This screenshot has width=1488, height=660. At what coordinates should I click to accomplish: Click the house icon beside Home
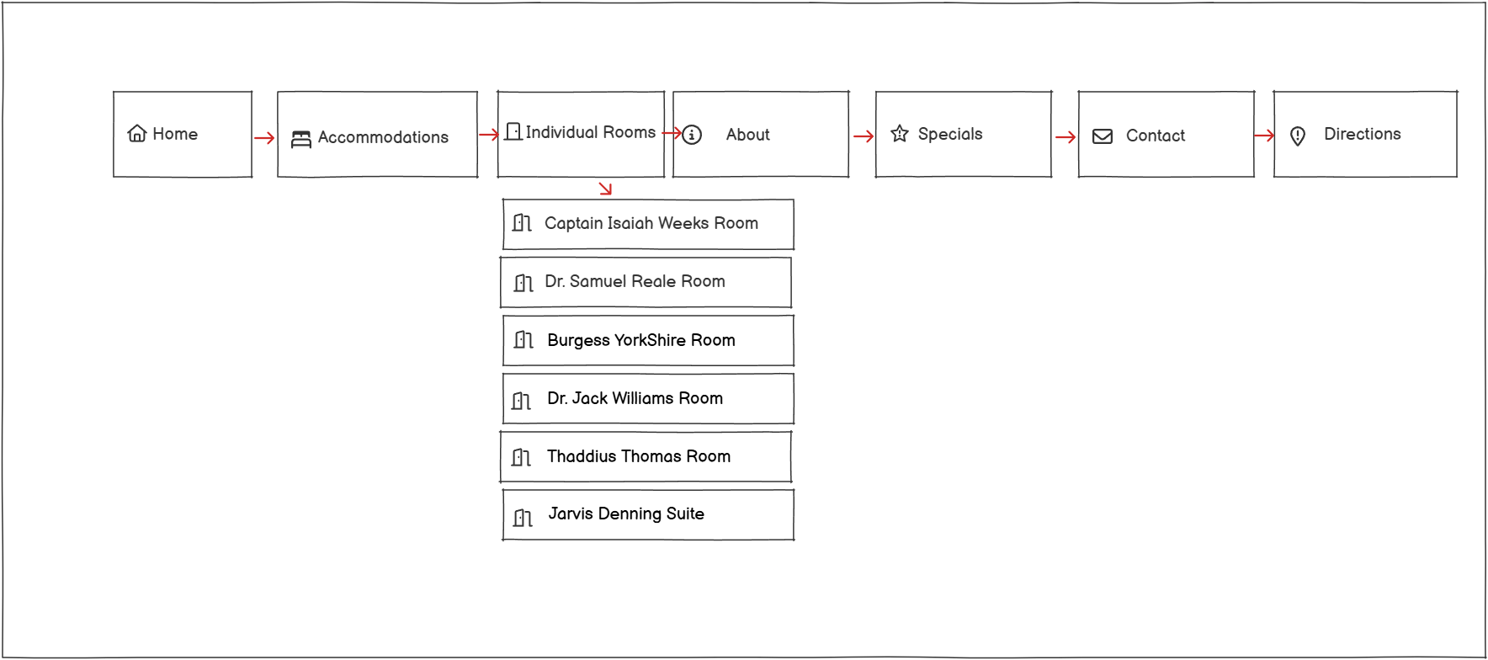[x=136, y=134]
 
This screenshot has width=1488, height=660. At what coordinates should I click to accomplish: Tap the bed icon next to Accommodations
[x=300, y=139]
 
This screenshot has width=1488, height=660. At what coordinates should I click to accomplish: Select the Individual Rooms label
[x=590, y=132]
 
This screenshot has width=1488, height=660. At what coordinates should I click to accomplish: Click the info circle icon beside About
[x=692, y=135]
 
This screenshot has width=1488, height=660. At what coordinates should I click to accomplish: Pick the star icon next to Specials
[x=899, y=134]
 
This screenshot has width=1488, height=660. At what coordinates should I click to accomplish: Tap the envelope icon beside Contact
[x=1102, y=136]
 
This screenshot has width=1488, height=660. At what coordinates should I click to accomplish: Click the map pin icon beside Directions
[x=1297, y=136]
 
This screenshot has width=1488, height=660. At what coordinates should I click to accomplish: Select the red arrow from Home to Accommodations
[x=264, y=138]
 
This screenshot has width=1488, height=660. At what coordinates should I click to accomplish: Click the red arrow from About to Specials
[x=863, y=136]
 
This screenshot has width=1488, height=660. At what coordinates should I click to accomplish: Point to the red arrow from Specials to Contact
[x=1065, y=137]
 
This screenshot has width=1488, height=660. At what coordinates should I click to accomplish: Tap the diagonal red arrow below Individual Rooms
[x=605, y=189]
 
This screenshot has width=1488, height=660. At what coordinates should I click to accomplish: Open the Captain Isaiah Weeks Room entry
[x=651, y=223]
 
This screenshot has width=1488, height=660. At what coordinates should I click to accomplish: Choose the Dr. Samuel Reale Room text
[x=635, y=281]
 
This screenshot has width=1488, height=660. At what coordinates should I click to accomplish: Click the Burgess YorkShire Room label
[x=640, y=340]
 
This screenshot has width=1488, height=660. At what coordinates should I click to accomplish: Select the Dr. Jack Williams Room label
[x=635, y=398]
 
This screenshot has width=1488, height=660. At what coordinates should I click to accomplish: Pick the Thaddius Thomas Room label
[x=638, y=456]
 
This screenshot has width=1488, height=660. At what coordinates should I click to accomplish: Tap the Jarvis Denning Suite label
[x=626, y=514]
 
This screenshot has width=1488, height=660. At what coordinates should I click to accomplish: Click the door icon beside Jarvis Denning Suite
[x=523, y=517]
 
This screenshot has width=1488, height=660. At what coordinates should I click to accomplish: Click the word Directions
[x=1362, y=134]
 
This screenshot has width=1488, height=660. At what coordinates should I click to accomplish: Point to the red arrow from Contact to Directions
[x=1263, y=136]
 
